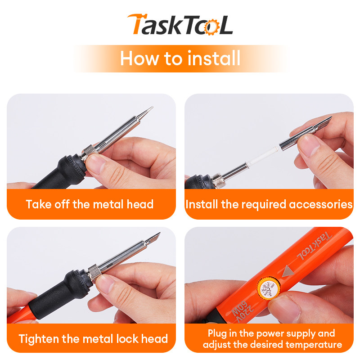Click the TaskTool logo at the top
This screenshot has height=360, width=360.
[x=180, y=24]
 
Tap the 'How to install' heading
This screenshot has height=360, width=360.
[x=180, y=58]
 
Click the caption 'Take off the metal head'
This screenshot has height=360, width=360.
[x=90, y=204]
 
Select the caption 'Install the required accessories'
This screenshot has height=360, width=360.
[x=269, y=204]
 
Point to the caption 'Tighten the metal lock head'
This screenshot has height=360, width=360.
[x=93, y=338]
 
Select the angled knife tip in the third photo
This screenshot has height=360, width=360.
[x=157, y=236]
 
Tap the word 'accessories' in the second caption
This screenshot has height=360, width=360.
[x=320, y=204]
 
